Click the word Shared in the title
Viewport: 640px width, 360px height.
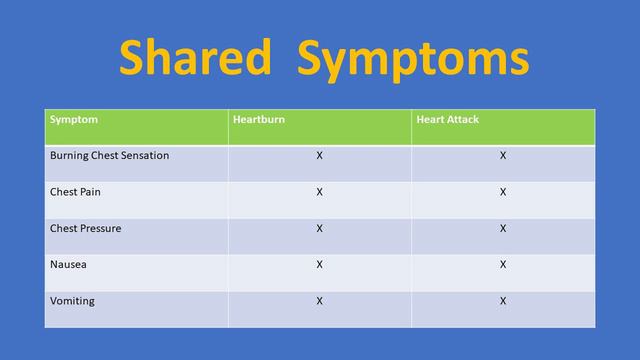coord(196,59)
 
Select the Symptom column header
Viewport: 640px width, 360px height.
coord(74,120)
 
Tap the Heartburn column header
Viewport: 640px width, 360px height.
coord(260,120)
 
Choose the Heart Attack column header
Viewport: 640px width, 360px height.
coord(446,120)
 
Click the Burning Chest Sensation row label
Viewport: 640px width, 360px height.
coord(109,156)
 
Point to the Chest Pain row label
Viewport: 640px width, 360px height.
coord(77,192)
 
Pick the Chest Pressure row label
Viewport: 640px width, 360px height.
coord(86,228)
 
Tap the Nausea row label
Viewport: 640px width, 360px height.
coord(68,264)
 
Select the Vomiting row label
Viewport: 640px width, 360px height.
coord(72,300)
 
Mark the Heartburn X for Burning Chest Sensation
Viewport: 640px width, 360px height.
coord(319,156)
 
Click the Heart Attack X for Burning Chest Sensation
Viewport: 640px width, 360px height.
coord(503,156)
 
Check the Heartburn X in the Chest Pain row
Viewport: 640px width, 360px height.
coord(319,192)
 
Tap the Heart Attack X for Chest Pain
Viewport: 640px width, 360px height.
coord(503,192)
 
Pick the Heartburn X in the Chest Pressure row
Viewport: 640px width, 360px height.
coord(319,228)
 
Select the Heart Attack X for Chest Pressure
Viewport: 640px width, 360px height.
coord(503,228)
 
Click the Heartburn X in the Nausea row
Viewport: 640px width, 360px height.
coord(319,264)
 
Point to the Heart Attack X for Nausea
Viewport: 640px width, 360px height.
coord(503,264)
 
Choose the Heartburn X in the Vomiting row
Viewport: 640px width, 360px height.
coord(319,300)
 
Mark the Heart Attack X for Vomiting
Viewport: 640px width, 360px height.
coord(503,300)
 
